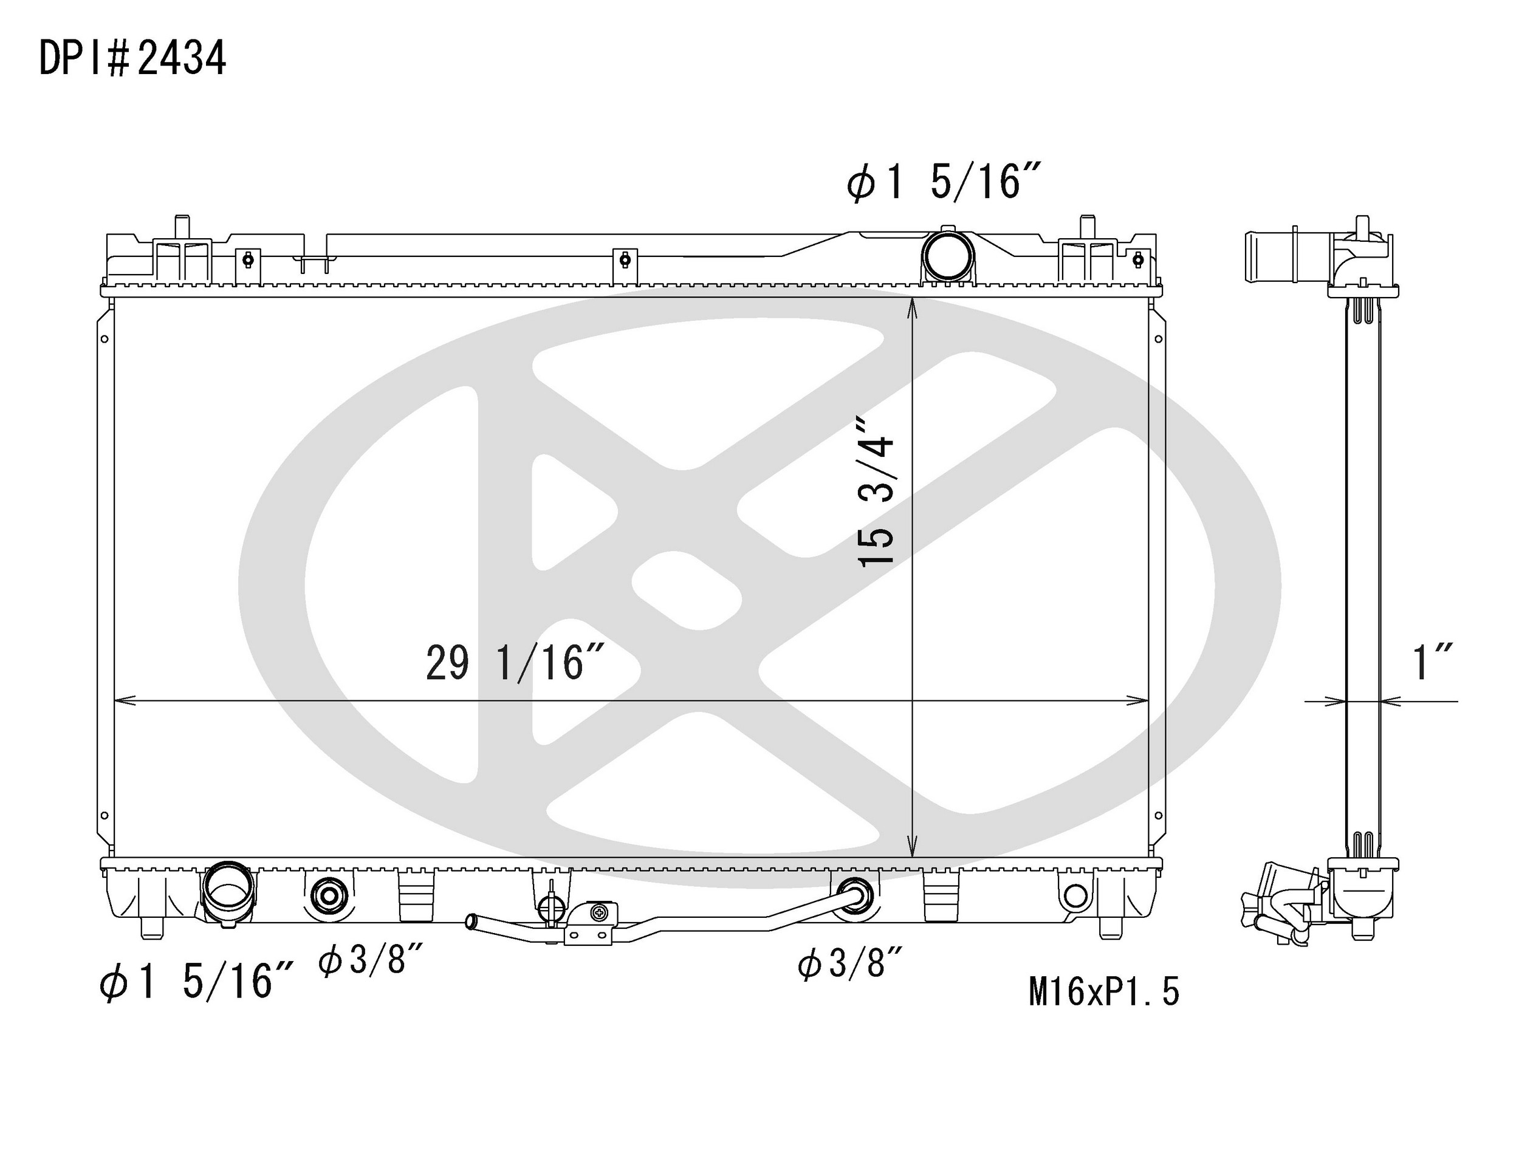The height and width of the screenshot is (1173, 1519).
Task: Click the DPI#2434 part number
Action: click(132, 58)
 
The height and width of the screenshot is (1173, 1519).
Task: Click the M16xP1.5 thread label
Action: click(1104, 991)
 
